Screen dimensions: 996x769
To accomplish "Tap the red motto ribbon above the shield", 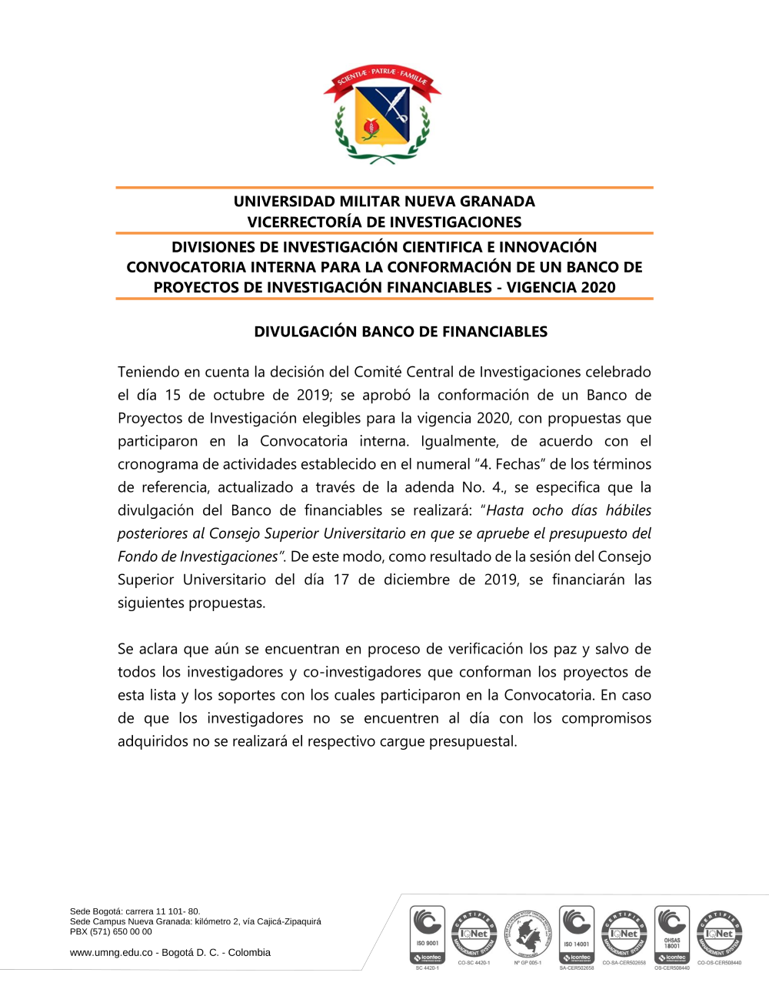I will coord(382,77).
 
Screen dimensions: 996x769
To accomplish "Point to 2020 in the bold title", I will coord(598,288).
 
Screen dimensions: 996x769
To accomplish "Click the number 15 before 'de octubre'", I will coord(173,396).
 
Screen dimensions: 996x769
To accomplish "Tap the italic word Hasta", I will coord(504,511).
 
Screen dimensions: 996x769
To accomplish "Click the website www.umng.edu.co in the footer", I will coord(112,953).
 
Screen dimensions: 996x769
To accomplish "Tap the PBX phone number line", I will coord(111,931).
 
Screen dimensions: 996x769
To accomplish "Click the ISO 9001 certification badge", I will coord(428,934).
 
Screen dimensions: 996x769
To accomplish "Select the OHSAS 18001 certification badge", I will coord(672,934).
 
